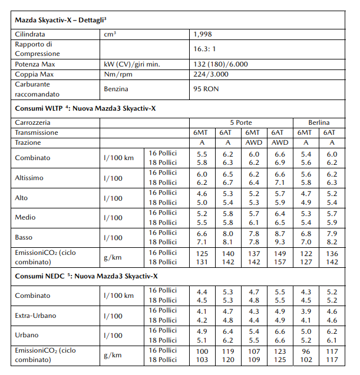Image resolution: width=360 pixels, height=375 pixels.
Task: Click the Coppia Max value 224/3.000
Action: coord(211,74)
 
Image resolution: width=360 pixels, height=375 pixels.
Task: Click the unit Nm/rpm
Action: coord(119,74)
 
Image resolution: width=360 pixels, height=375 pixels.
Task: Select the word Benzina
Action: coord(116,89)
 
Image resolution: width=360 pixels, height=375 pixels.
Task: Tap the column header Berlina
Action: coord(319,122)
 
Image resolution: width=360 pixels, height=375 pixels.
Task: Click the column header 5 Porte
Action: coord(240,122)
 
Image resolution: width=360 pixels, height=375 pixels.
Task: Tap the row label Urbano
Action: coord(28,336)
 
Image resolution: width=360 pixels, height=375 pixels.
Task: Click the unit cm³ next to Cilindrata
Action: coord(110,35)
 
